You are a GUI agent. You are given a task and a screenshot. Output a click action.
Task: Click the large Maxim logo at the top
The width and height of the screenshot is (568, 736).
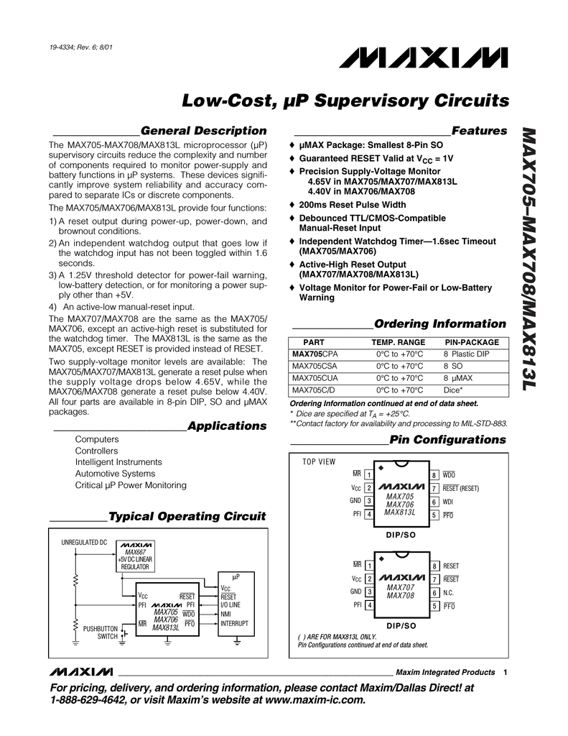point(444,56)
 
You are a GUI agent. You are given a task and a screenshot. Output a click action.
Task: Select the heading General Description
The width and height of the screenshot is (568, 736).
point(203,130)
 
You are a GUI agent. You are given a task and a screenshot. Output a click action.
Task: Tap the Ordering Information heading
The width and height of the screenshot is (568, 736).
point(440,323)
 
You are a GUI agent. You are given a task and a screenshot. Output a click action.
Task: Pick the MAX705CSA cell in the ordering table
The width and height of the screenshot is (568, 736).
point(315,366)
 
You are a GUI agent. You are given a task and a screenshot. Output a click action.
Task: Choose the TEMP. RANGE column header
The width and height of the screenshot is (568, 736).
point(398,342)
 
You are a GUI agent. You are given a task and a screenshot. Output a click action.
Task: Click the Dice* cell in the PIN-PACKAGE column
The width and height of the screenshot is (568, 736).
point(453,390)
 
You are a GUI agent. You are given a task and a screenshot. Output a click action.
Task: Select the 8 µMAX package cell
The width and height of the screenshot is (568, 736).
point(457,378)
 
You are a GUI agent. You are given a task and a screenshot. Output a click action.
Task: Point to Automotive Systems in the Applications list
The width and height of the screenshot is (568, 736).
point(115,474)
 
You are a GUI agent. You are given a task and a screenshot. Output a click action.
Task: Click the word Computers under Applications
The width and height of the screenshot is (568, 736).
point(97,439)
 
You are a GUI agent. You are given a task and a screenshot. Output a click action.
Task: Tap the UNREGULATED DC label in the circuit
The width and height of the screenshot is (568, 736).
point(84,541)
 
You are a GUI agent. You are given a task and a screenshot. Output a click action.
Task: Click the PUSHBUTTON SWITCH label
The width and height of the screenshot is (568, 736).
point(100,632)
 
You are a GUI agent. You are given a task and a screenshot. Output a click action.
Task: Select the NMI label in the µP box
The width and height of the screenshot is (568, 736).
point(226,615)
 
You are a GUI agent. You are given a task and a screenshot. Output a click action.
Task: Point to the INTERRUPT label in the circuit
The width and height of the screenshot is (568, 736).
point(234,623)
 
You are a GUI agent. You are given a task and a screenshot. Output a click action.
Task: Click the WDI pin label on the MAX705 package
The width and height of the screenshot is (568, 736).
point(448,502)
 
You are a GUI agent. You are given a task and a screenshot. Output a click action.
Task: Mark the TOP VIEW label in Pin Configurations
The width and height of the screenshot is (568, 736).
point(319,461)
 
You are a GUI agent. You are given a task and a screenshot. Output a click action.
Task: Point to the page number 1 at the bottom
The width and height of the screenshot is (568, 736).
point(506,673)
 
